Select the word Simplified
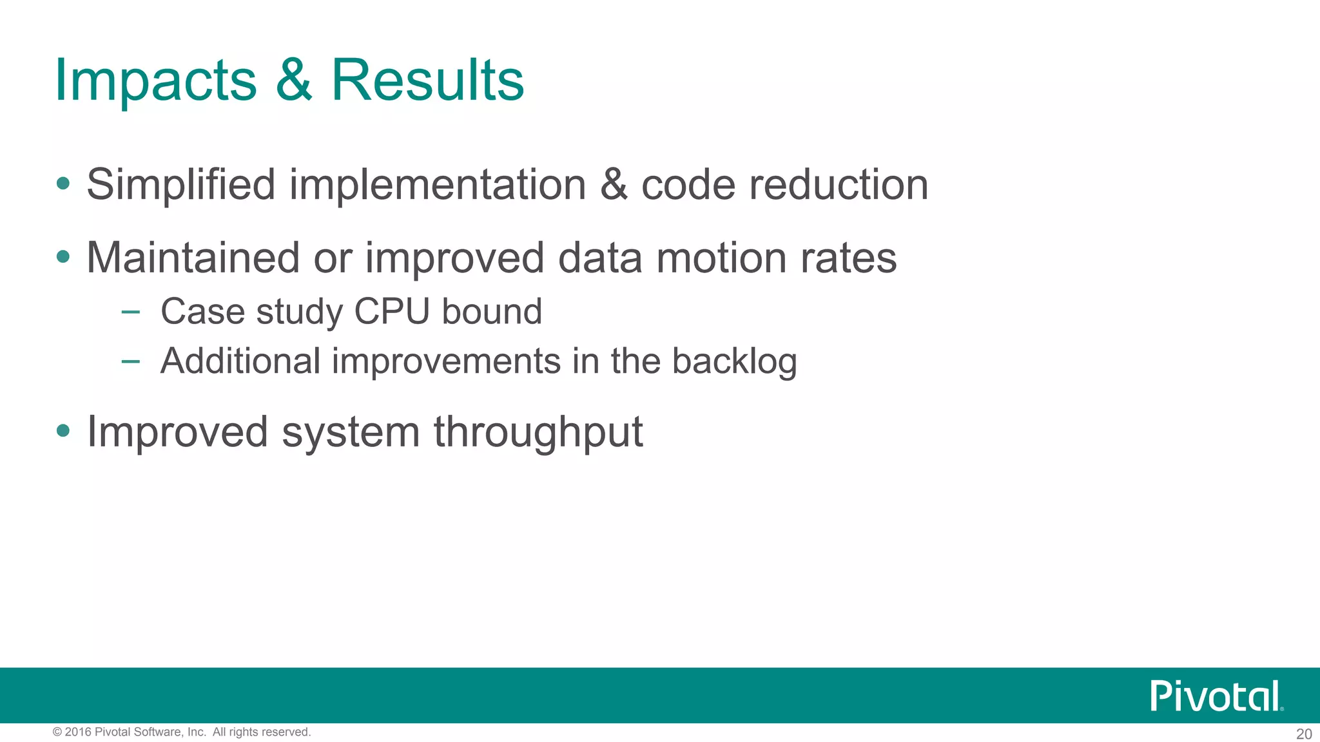pos(181,185)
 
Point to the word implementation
pos(437,185)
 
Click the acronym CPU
pos(391,312)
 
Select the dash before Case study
pos(130,312)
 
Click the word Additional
pos(240,361)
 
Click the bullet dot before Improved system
pos(63,431)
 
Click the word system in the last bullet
pos(351,432)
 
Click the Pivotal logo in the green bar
pos(1216,696)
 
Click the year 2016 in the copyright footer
pos(77,732)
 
